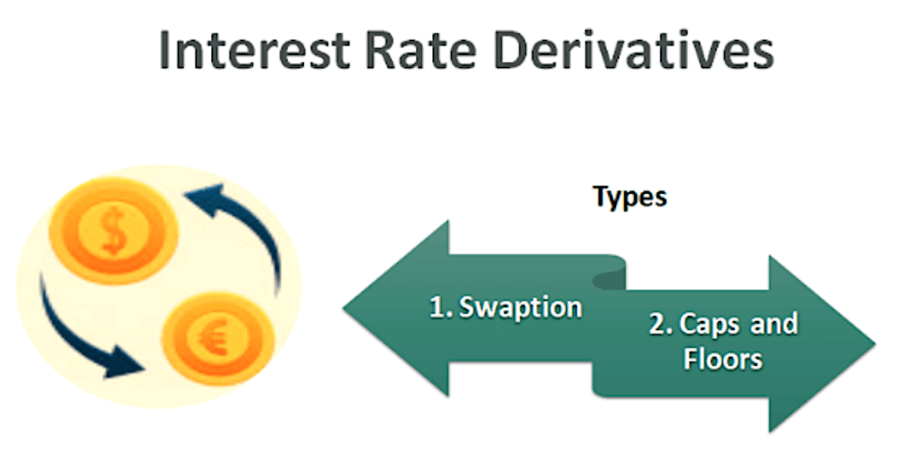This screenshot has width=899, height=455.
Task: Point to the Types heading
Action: [630, 197]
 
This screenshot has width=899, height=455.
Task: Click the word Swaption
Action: [521, 307]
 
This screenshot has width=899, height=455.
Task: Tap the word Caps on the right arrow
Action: [708, 324]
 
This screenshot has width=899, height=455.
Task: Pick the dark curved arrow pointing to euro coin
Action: [82, 333]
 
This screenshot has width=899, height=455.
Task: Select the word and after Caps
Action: [774, 324]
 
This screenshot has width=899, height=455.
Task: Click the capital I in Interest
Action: [166, 52]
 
